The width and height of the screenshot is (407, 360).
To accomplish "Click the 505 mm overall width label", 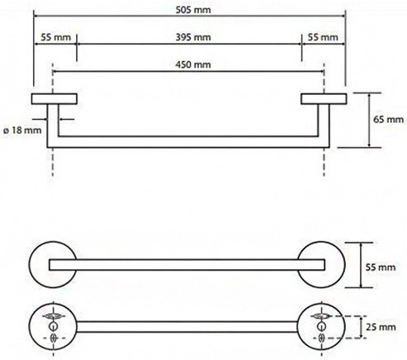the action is tap(193, 10).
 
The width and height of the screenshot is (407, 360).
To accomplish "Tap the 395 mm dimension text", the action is tap(193, 37).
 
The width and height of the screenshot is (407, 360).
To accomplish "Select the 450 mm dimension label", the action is tap(193, 64).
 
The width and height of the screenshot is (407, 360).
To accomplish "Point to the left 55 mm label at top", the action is tap(56, 37).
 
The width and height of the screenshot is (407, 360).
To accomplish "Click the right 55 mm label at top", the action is tap(323, 37).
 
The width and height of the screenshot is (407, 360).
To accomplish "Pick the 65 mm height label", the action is tap(388, 120).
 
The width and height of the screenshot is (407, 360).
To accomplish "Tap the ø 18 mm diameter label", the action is tap(22, 130).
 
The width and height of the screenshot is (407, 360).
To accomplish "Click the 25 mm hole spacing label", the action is tap(381, 327).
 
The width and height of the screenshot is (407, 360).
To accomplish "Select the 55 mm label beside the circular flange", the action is tap(381, 267).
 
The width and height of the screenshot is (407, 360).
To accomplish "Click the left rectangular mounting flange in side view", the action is tap(54, 99).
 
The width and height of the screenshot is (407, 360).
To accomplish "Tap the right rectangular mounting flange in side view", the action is tap(324, 99).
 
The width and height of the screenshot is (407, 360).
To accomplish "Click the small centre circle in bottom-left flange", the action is tap(53, 326).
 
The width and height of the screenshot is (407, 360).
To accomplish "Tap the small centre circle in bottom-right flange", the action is tap(321, 326).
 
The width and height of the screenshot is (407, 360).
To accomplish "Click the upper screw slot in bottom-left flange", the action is tap(53, 316).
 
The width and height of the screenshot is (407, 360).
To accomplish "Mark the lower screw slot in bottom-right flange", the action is tap(321, 338).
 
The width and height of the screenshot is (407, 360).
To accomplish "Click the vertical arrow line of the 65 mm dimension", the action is tap(369, 120).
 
